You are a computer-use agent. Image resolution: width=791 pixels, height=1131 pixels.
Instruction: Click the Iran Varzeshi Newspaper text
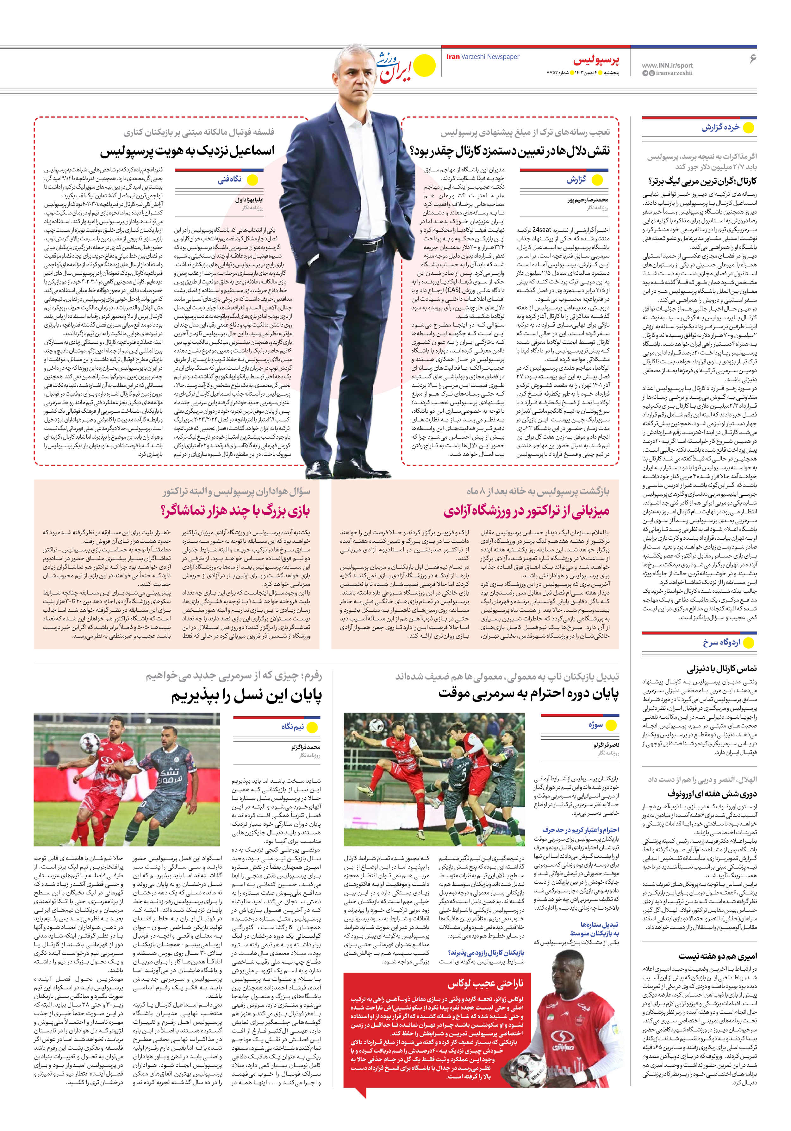click(483, 57)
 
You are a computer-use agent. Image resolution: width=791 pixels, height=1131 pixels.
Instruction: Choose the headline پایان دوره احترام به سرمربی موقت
click(529, 694)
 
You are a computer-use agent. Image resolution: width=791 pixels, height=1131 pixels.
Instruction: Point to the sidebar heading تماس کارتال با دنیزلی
click(722, 669)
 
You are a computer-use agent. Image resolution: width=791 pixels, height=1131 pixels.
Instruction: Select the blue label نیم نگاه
click(292, 727)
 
